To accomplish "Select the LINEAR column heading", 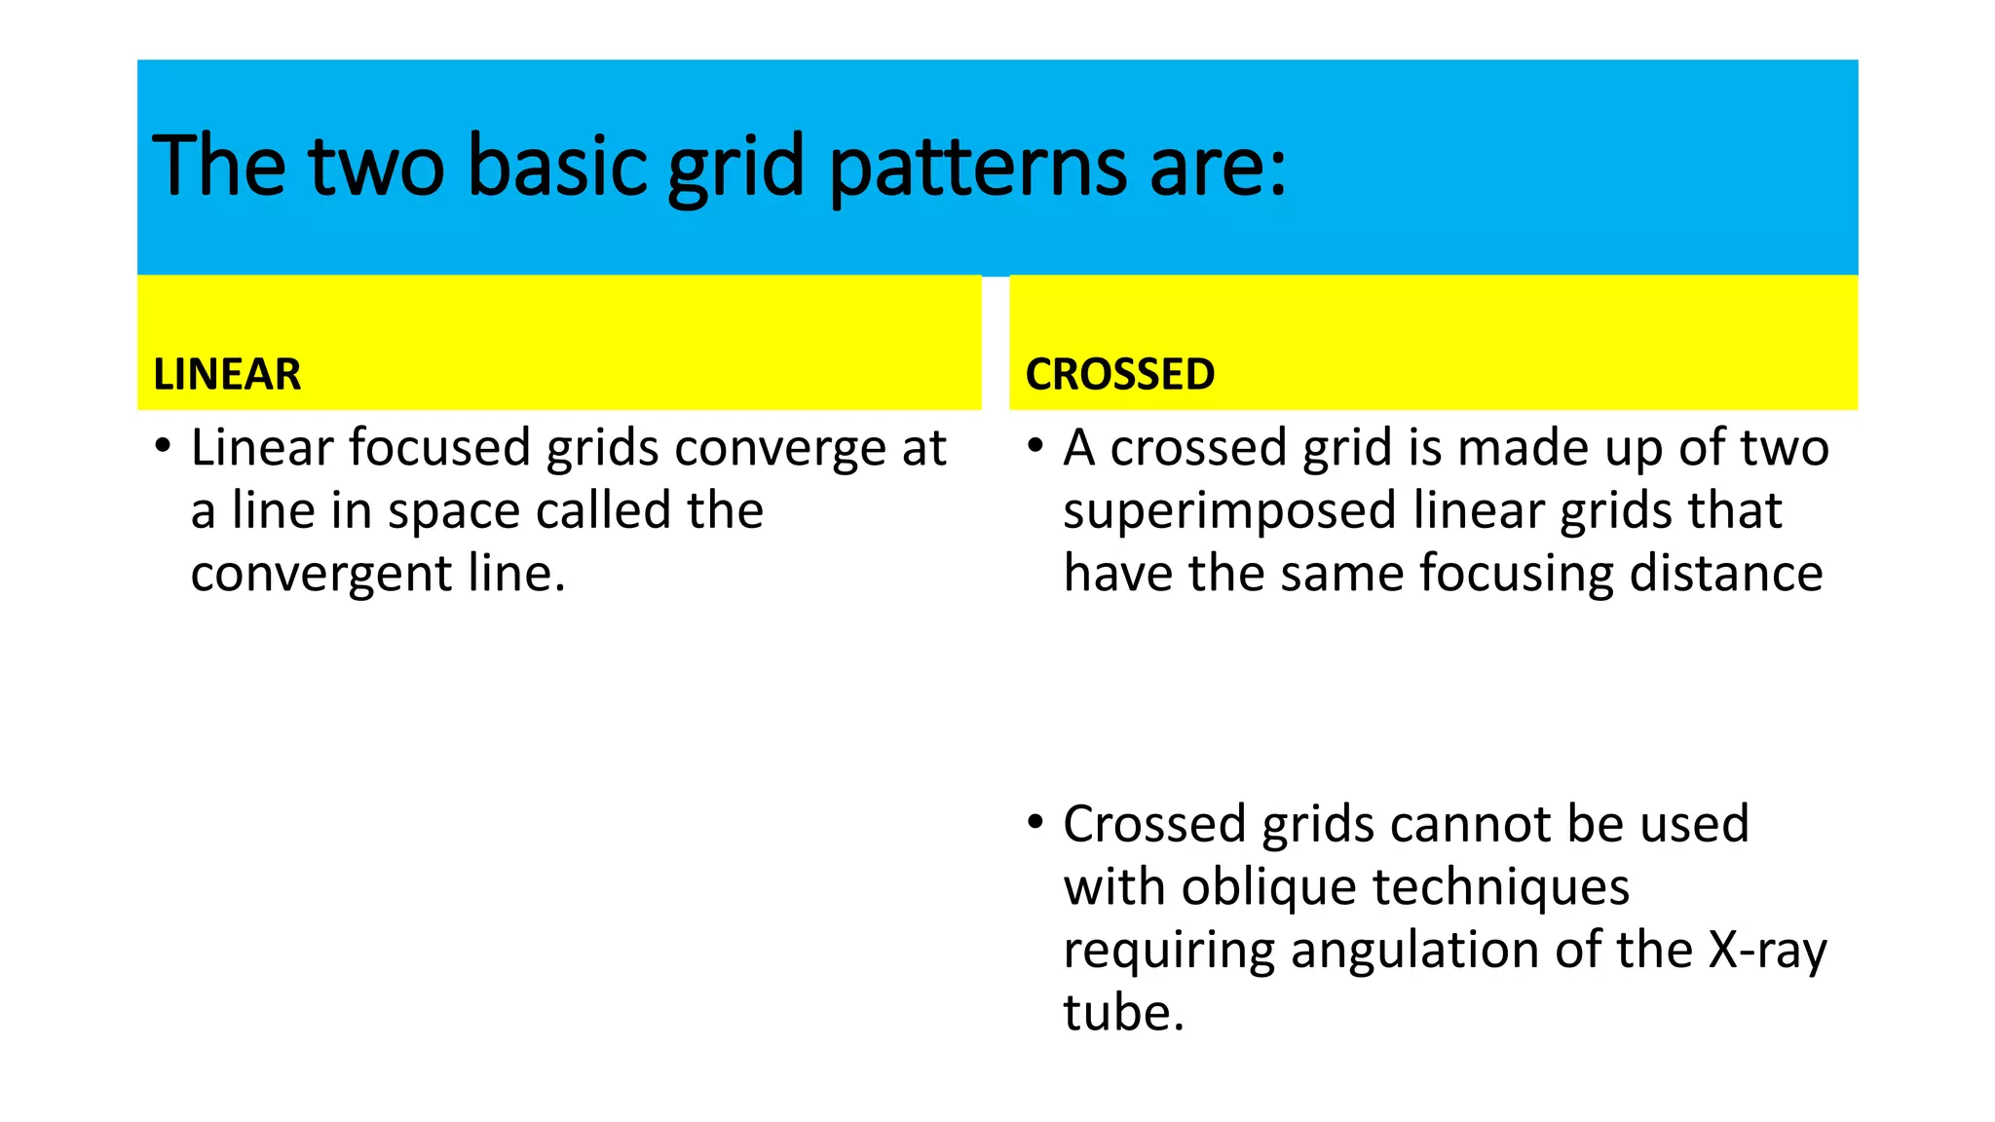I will coord(227,375).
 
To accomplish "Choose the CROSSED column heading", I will coord(1120,375).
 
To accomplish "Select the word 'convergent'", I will coord(321,575).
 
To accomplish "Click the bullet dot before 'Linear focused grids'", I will coord(163,447).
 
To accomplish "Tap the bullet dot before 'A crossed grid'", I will coord(1035,447).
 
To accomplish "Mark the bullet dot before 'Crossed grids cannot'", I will coord(1035,823).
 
